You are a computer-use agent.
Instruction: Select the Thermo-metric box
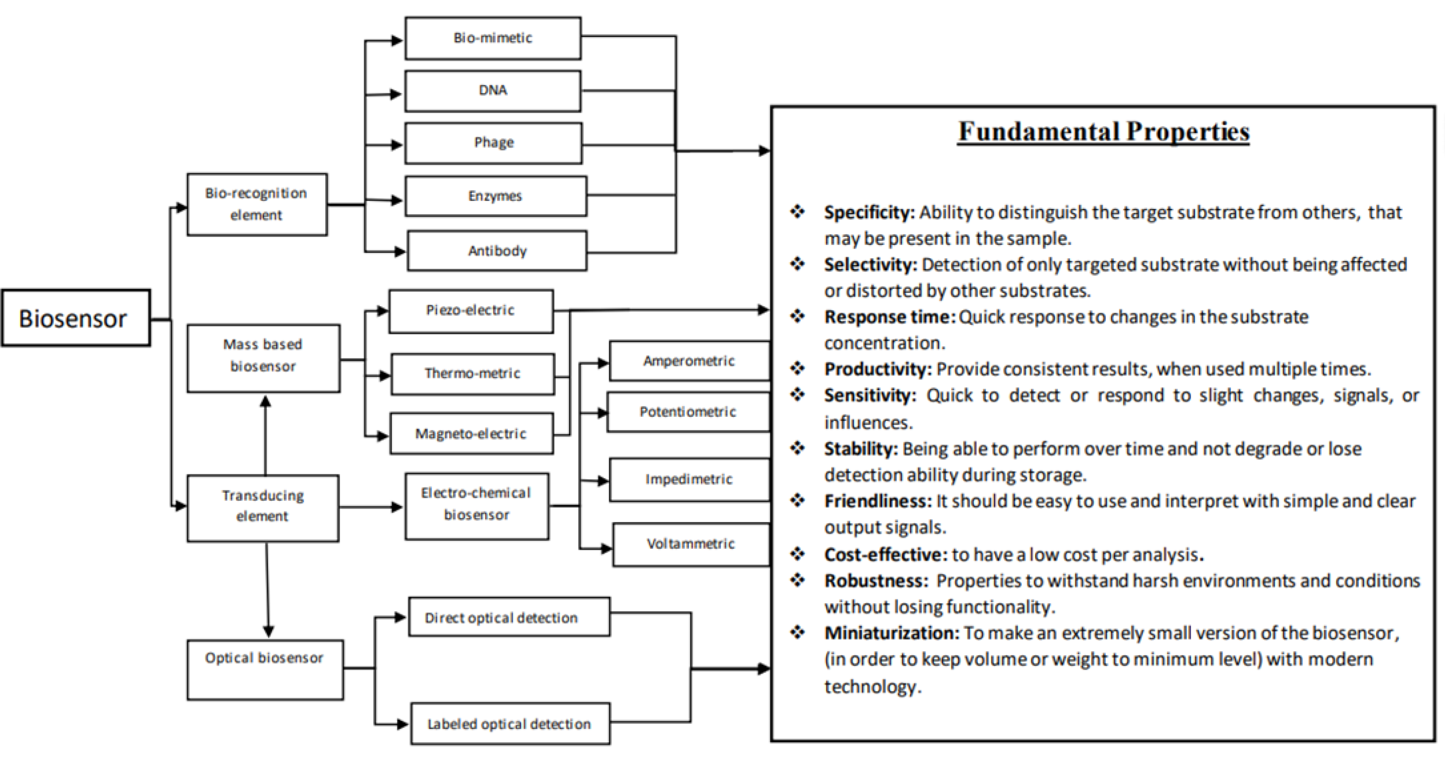tap(472, 374)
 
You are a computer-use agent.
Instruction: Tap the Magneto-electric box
tap(471, 433)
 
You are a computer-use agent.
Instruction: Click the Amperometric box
tap(689, 361)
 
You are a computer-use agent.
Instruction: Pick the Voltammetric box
tap(691, 544)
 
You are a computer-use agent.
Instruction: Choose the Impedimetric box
tap(689, 479)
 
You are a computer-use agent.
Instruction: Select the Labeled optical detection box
tap(509, 724)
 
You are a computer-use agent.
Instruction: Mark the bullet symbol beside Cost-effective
tap(797, 554)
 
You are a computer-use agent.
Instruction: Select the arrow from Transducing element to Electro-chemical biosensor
tap(371, 507)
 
